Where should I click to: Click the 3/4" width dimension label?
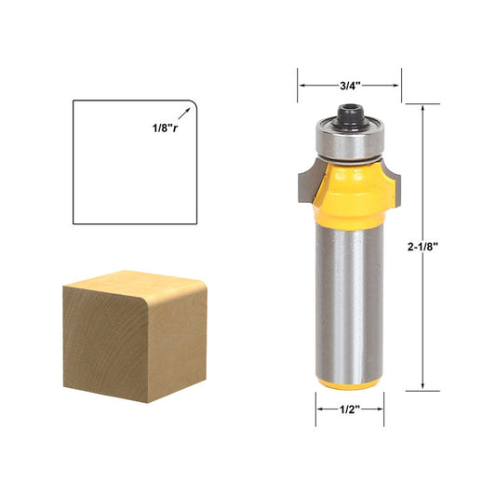(x=350, y=86)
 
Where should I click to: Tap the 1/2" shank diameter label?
(x=350, y=408)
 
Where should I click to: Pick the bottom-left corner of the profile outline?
(x=74, y=224)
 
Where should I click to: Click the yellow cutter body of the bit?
(x=349, y=191)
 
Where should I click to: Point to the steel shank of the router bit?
(x=350, y=298)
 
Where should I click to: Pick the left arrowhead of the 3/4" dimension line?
(x=301, y=86)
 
